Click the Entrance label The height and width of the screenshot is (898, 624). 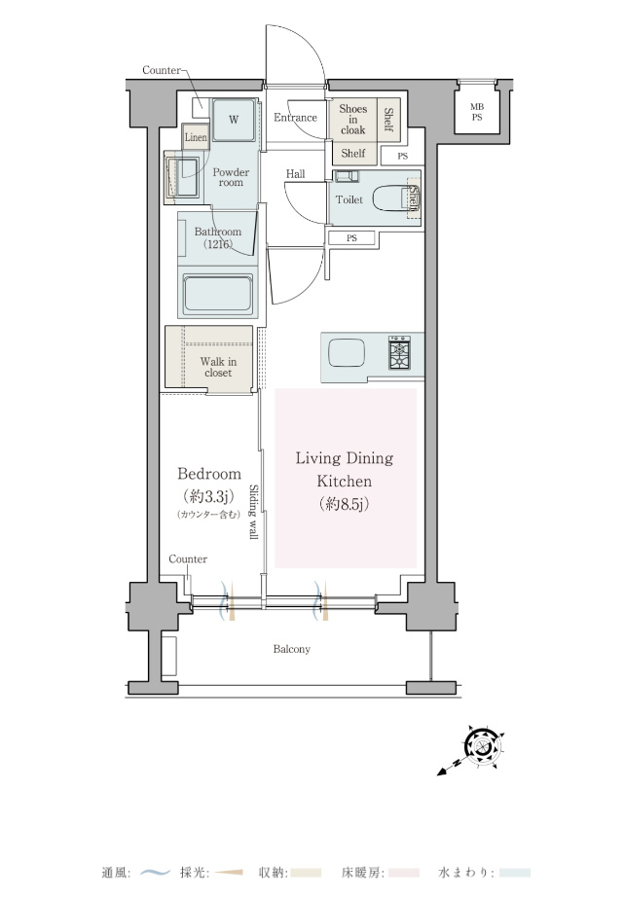pos(295,118)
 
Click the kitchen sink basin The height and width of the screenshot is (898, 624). pos(347,353)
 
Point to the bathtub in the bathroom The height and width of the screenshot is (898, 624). pos(218,295)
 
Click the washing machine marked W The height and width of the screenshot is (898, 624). pos(234,120)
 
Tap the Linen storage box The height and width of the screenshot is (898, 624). pos(196,137)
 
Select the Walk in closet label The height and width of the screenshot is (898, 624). pos(218,367)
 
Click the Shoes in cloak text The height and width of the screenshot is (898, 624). pos(353,119)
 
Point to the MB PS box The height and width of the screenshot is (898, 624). pos(477,112)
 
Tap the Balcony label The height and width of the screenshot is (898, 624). pos(292,649)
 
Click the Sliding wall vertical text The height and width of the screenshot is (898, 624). pos(253,512)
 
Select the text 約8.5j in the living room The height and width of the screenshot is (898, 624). pos(344,504)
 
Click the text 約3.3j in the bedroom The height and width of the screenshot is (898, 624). pos(209,496)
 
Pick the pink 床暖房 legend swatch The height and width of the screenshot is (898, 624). pos(404,874)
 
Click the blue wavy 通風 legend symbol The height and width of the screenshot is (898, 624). pos(156,874)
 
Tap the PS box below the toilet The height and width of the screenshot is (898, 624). pos(351,237)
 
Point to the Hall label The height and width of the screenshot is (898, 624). pos(296,173)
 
